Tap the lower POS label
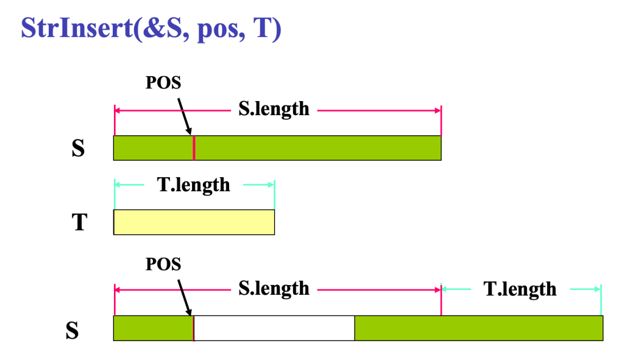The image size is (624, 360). point(163,264)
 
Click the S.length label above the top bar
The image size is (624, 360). point(274,110)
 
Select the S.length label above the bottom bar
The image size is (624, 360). point(274,288)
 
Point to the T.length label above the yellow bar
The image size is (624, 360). point(194,185)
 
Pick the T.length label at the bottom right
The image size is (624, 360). point(520,289)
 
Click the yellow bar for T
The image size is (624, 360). point(194,222)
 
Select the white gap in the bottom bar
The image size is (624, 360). point(274,328)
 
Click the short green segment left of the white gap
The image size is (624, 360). point(153,328)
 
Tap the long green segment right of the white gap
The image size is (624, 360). point(478,328)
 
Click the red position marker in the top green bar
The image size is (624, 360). point(194,148)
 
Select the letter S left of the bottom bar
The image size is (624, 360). point(73,330)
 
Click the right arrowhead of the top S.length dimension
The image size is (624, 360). point(438,110)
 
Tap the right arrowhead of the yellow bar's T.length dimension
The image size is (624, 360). point(271,185)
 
